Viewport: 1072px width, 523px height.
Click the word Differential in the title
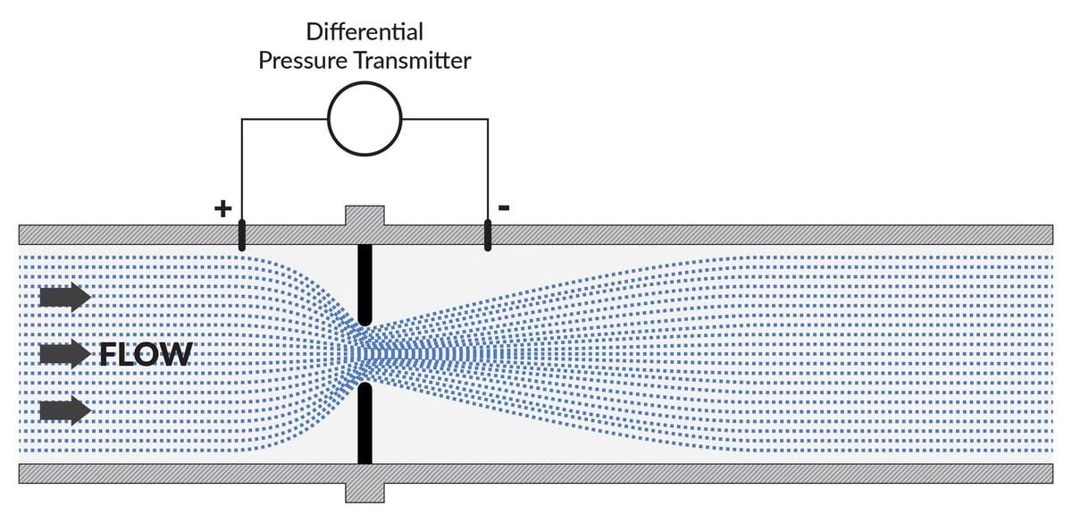pos(364,31)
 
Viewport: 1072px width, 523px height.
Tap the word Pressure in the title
pos(302,61)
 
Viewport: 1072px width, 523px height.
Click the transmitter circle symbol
pos(364,119)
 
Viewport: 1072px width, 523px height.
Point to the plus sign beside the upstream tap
pos(222,209)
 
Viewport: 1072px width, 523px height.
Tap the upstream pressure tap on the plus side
pos(240,234)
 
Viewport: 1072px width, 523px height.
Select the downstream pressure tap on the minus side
pos(488,234)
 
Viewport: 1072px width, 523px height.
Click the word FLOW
pos(146,355)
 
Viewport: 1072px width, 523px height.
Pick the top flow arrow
pos(64,297)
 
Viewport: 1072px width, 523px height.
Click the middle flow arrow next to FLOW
pos(64,355)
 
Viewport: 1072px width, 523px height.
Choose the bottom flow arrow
pos(64,410)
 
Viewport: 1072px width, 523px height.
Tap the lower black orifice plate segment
pos(364,424)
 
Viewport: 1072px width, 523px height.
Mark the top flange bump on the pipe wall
pos(364,215)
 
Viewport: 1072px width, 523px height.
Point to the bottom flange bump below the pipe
pos(364,493)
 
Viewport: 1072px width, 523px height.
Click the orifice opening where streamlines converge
pos(364,354)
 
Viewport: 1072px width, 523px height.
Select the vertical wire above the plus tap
pos(241,170)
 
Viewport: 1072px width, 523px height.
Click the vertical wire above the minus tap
pos(488,170)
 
